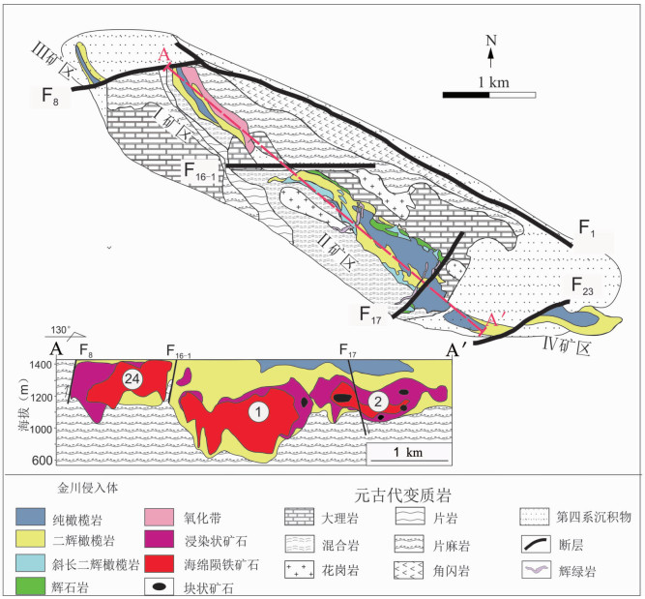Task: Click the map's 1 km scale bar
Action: (489, 94)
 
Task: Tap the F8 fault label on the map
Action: (44, 99)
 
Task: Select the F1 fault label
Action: (589, 229)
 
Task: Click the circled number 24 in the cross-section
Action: (135, 380)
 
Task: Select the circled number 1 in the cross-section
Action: (257, 412)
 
